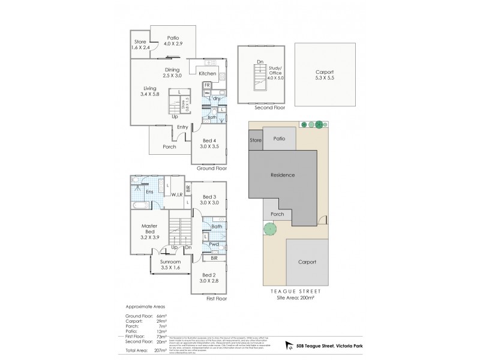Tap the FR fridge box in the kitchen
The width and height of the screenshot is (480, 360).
coord(207,85)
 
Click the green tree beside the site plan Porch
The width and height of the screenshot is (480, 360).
coord(268,229)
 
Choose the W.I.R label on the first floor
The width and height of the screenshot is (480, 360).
coord(176,194)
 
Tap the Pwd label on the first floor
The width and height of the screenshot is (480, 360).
coord(214,244)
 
